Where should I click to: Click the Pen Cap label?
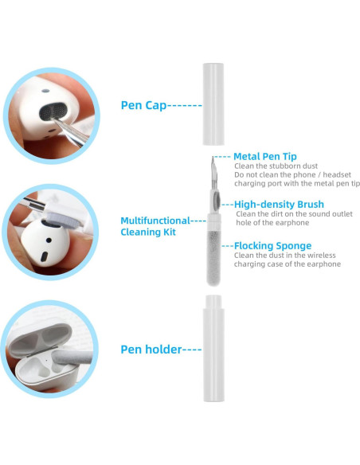[143, 104]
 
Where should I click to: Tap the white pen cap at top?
[212, 104]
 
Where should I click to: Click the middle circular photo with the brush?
[49, 228]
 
